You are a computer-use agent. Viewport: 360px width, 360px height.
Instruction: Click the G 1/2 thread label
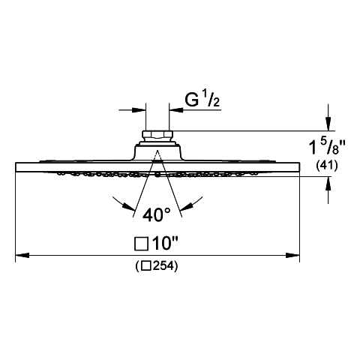click(x=202, y=100)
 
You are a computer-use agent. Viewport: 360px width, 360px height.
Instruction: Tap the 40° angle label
click(x=157, y=214)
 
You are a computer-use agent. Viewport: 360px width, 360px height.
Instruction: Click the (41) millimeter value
click(x=327, y=165)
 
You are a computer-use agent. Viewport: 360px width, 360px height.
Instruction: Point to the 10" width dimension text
click(x=165, y=243)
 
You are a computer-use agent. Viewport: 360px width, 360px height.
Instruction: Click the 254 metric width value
click(x=163, y=266)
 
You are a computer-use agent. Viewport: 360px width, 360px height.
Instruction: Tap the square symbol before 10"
click(x=141, y=244)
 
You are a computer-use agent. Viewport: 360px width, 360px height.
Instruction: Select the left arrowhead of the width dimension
click(x=22, y=255)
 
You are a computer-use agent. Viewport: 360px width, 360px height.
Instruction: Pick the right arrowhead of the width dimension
click(x=292, y=255)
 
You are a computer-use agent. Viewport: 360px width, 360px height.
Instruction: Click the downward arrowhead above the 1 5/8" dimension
click(x=328, y=124)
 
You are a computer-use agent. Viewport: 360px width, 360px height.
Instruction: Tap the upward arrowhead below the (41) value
click(x=328, y=184)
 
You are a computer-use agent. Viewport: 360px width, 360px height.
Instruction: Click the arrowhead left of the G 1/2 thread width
click(x=139, y=109)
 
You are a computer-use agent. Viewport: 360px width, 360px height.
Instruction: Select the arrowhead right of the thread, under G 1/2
click(x=176, y=109)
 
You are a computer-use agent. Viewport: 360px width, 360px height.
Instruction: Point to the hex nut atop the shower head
click(x=157, y=135)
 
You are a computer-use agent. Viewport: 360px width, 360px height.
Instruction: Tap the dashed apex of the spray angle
click(x=157, y=151)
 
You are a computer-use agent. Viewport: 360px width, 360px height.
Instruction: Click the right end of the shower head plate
click(x=299, y=167)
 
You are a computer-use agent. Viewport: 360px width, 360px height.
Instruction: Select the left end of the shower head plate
click(x=16, y=167)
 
